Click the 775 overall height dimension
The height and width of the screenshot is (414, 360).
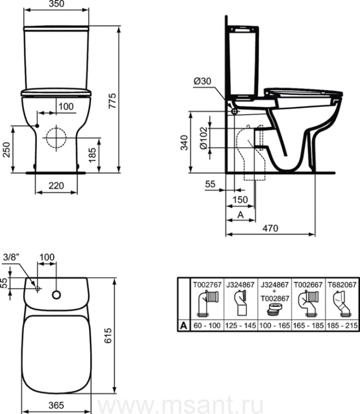tap(113, 101)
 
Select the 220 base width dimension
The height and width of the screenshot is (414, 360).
tap(56, 186)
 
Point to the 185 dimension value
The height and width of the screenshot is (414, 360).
tap(92, 155)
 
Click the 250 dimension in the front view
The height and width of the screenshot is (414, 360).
tap(6, 149)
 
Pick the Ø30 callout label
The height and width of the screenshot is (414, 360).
tap(202, 81)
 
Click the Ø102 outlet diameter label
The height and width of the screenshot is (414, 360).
tap(204, 138)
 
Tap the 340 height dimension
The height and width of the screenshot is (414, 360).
tap(184, 143)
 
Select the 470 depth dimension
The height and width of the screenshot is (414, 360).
tap(270, 228)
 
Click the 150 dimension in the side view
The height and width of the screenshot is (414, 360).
tap(240, 200)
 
